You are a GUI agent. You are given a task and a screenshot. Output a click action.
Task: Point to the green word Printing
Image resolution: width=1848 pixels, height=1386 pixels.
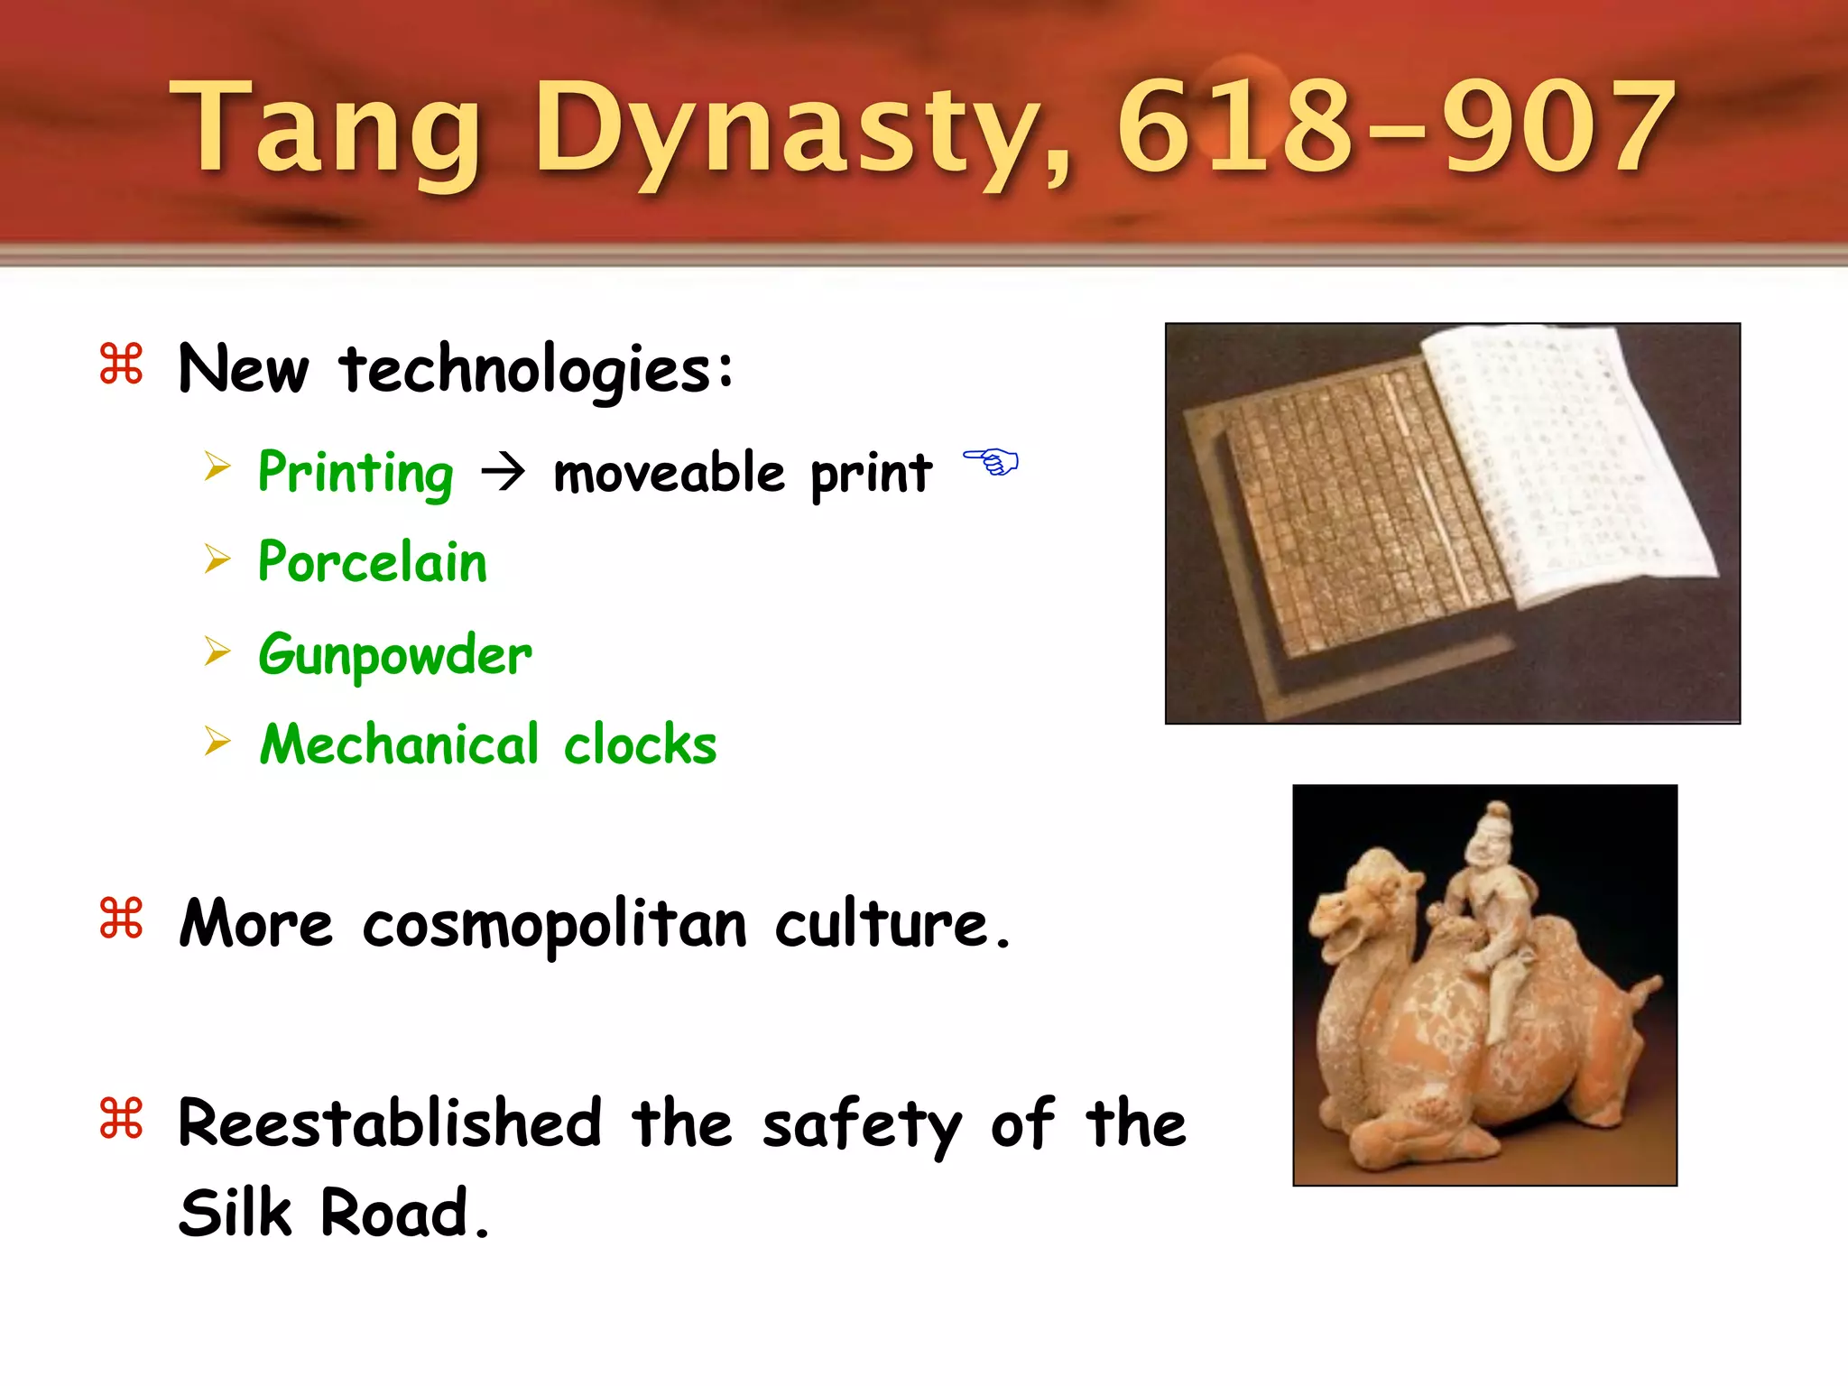356,473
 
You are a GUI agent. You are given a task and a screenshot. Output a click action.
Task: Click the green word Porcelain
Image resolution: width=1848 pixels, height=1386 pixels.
373,562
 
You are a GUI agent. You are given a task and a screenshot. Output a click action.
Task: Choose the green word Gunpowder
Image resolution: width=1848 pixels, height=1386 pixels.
395,654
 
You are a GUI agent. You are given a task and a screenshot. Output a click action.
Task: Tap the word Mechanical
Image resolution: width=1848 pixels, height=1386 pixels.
400,744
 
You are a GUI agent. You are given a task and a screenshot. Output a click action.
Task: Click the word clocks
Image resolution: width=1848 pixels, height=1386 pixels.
640,745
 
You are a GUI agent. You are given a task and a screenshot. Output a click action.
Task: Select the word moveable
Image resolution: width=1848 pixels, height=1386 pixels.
669,473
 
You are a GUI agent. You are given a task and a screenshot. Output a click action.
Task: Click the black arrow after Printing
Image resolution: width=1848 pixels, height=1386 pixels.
503,472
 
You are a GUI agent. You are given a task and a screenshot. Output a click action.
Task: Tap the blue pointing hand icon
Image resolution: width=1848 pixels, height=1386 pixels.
991,462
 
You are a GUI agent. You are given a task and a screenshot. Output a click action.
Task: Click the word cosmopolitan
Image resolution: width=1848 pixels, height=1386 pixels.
555,925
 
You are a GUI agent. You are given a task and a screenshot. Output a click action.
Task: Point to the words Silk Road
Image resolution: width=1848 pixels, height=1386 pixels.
334,1212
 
